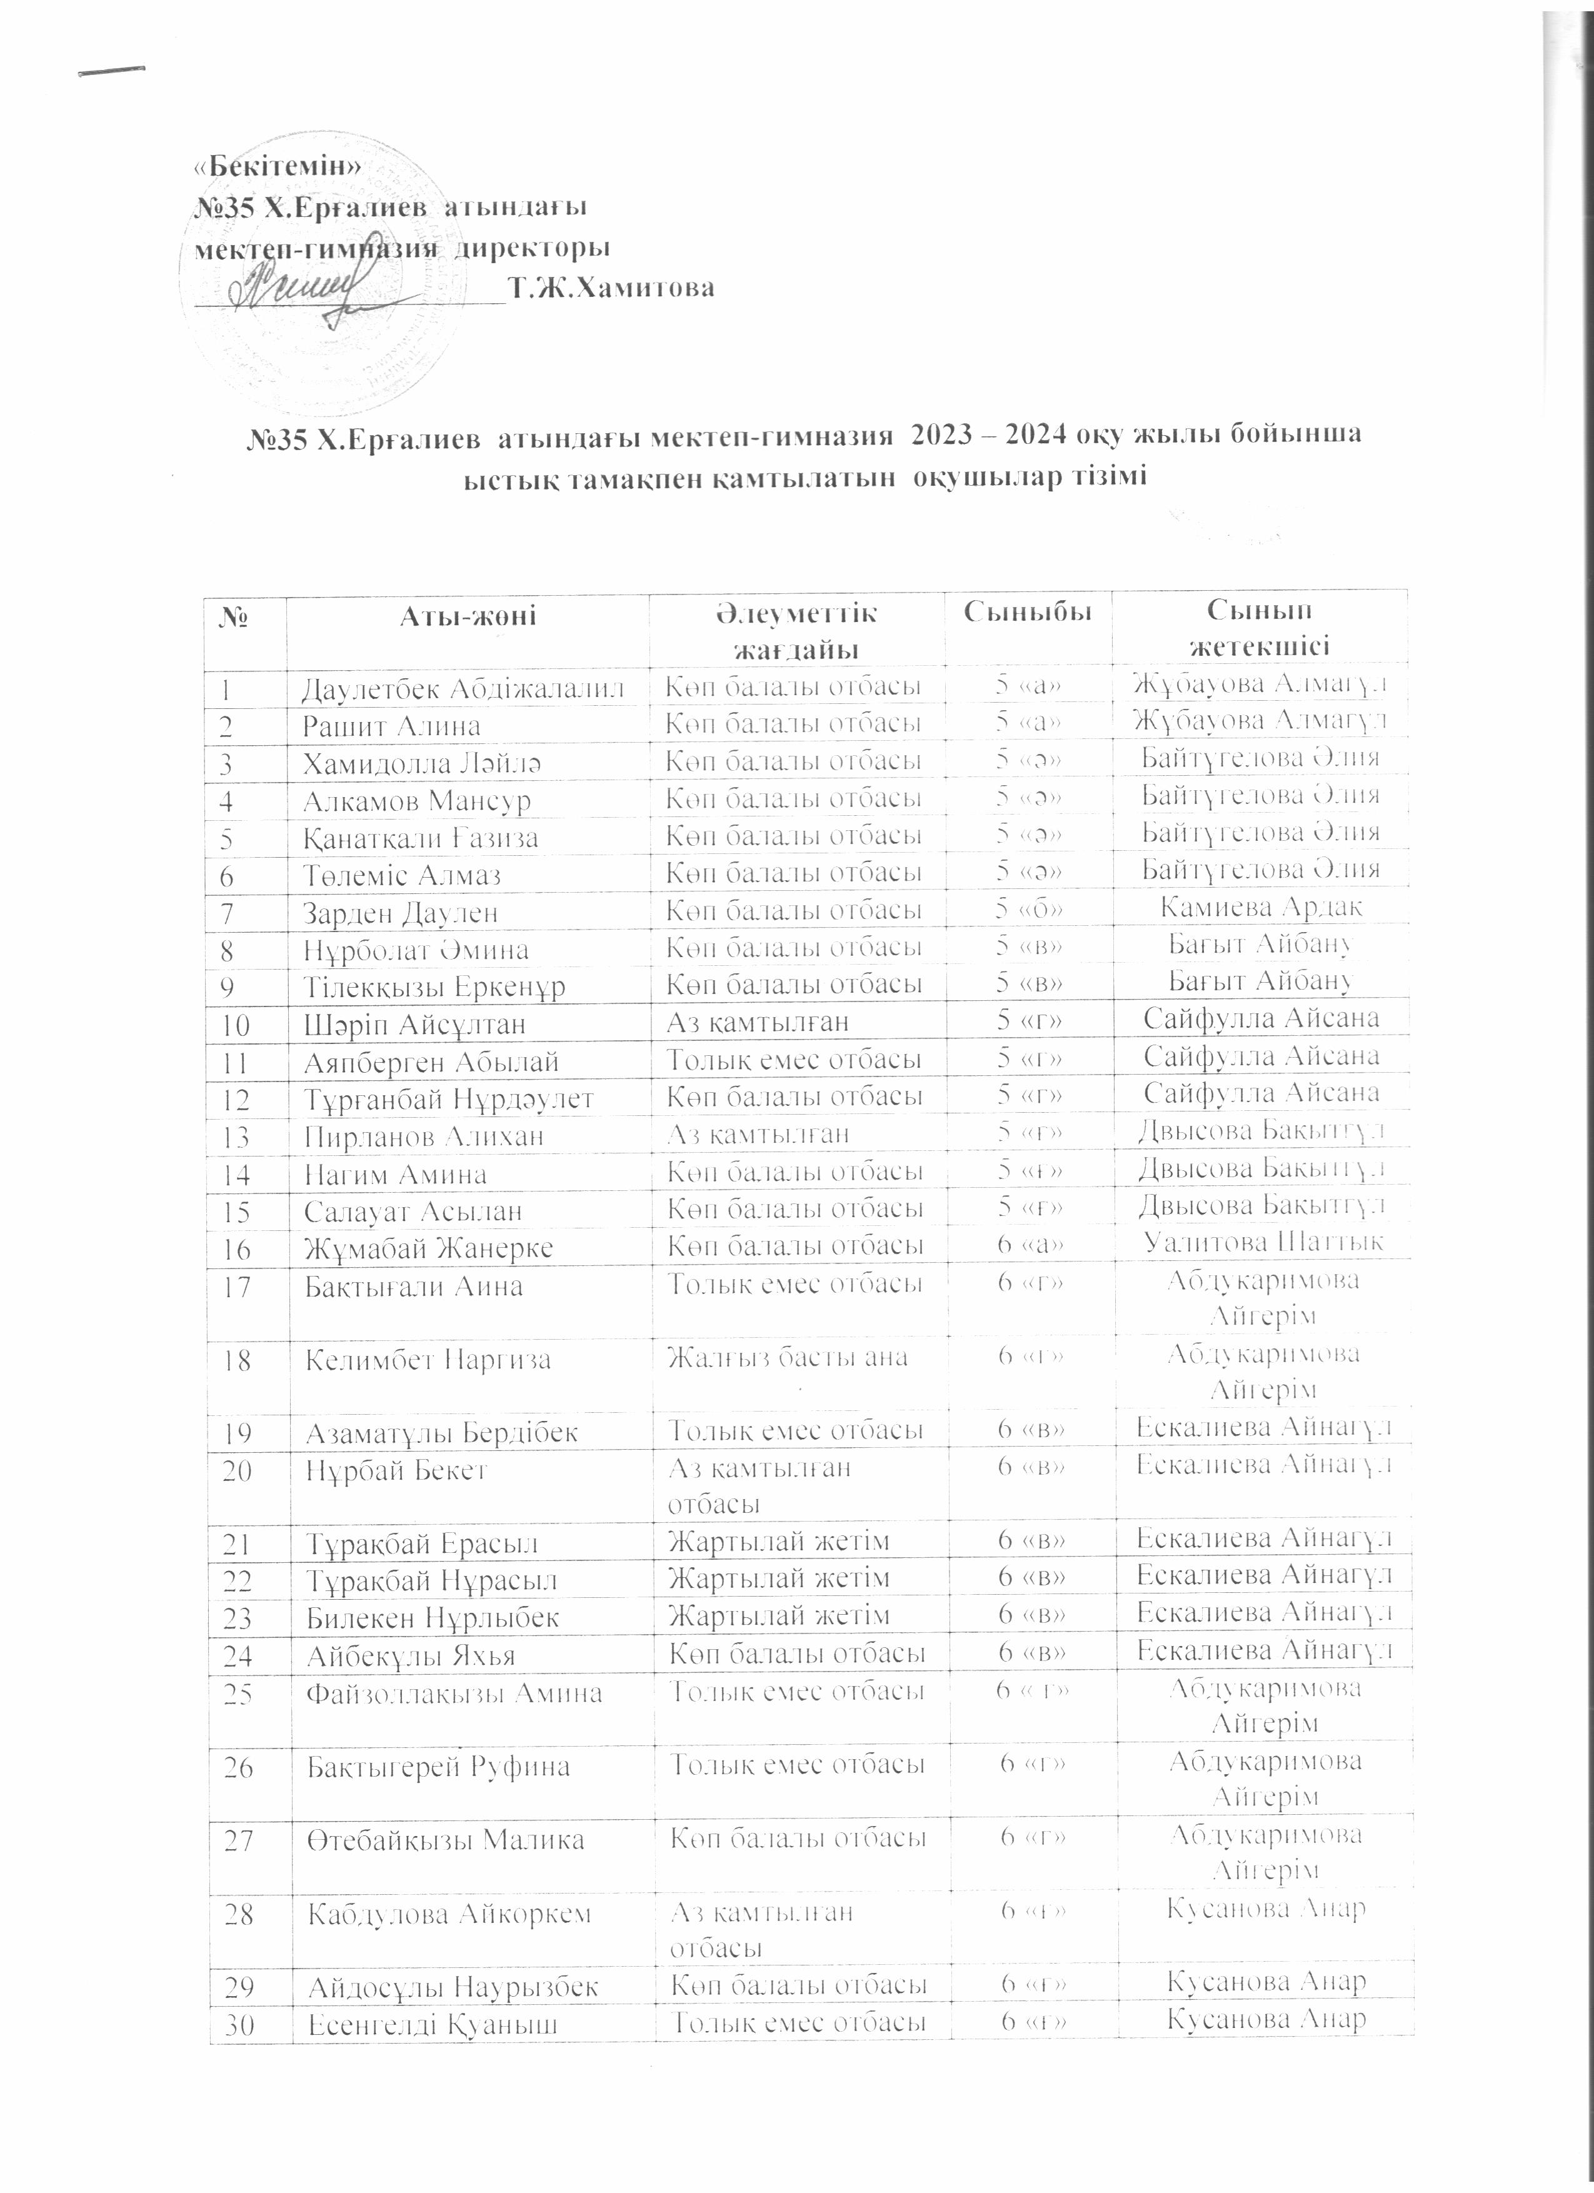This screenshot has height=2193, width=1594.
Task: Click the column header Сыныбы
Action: (1028, 612)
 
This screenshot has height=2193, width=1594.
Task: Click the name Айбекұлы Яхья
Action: (411, 1657)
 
